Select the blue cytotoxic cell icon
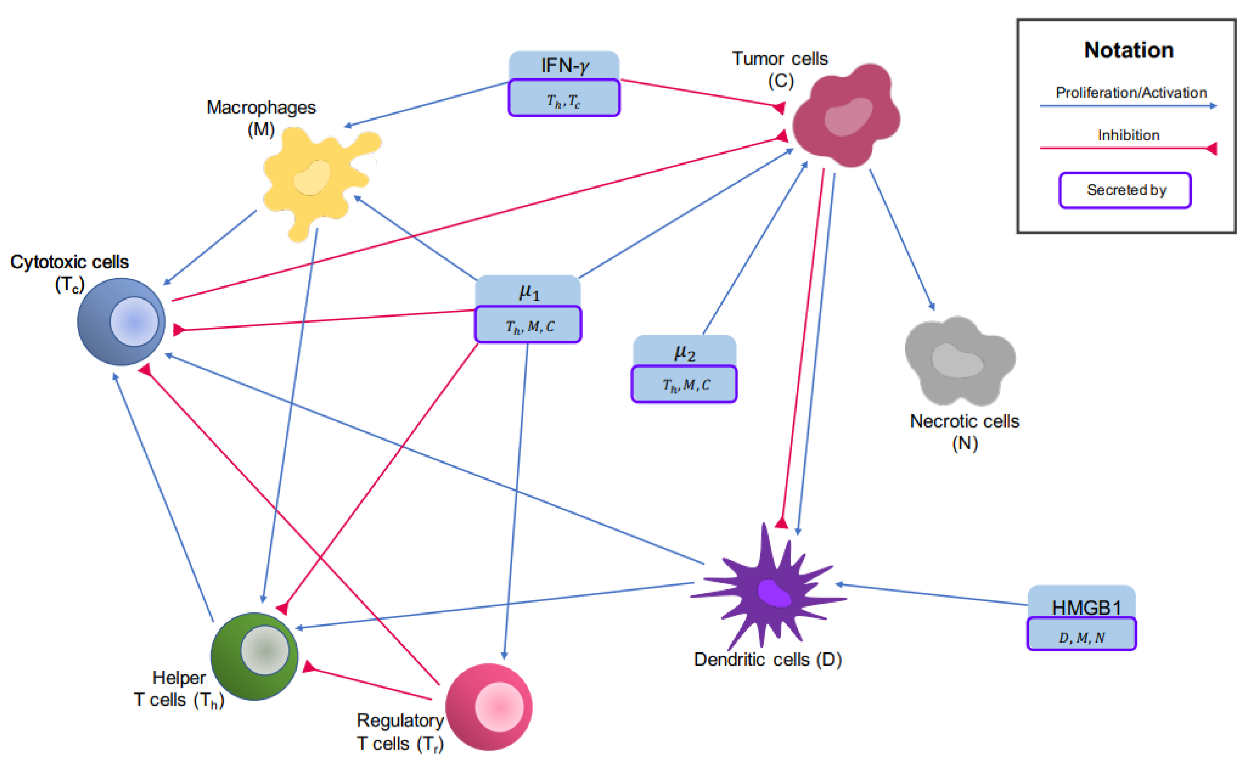[121, 321]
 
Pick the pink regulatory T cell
[489, 707]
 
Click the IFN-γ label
[564, 66]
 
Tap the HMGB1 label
[1086, 607]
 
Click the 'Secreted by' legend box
[1126, 190]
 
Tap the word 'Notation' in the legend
[1129, 50]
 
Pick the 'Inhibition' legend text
[1129, 135]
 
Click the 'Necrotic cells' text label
[964, 421]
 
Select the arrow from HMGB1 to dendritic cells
[932, 594]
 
